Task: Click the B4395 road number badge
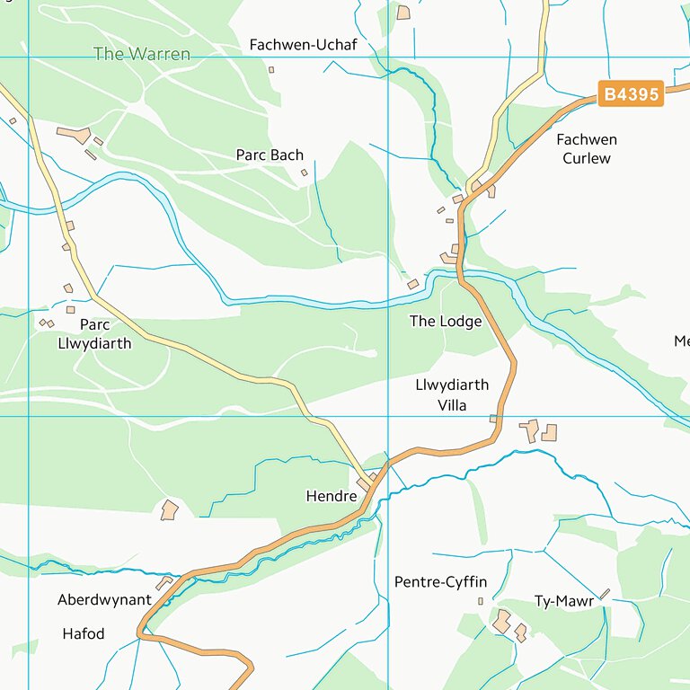(x=631, y=94)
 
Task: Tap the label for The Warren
(x=142, y=54)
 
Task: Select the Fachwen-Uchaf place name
(x=303, y=45)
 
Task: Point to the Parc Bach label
(x=270, y=155)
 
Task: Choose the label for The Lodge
(x=446, y=322)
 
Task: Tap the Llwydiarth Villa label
(x=452, y=395)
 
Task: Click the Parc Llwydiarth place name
(x=94, y=334)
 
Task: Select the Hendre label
(x=332, y=496)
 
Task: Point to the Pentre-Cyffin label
(x=440, y=582)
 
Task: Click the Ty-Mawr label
(x=564, y=601)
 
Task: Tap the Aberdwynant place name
(x=104, y=599)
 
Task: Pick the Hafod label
(x=84, y=633)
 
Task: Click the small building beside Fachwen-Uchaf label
(x=271, y=69)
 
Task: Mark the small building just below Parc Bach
(x=304, y=172)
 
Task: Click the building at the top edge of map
(x=403, y=13)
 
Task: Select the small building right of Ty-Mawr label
(x=605, y=594)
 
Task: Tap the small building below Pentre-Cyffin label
(x=480, y=601)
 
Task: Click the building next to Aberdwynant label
(x=164, y=584)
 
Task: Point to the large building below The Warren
(x=74, y=135)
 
